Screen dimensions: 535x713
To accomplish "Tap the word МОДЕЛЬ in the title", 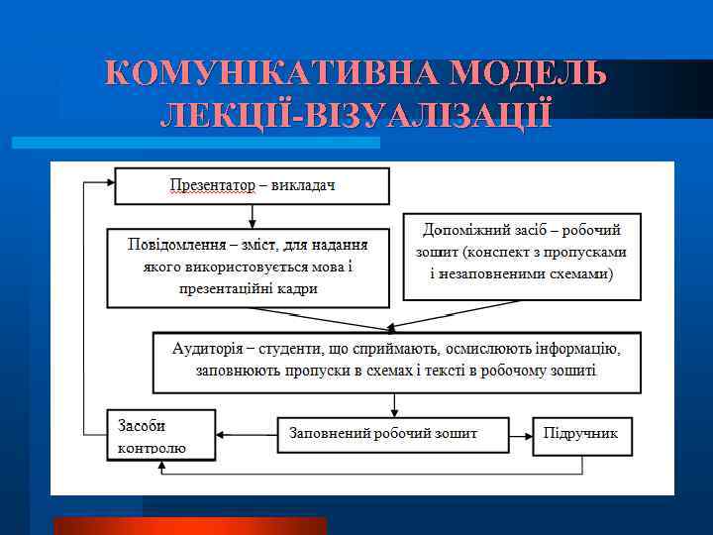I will pos(527,75).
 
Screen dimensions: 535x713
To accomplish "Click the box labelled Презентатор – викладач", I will pos(253,185).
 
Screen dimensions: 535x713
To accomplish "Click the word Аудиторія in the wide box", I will pos(209,350).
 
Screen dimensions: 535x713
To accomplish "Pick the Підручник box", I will pos(582,434).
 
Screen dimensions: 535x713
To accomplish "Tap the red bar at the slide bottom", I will pos(189,525).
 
